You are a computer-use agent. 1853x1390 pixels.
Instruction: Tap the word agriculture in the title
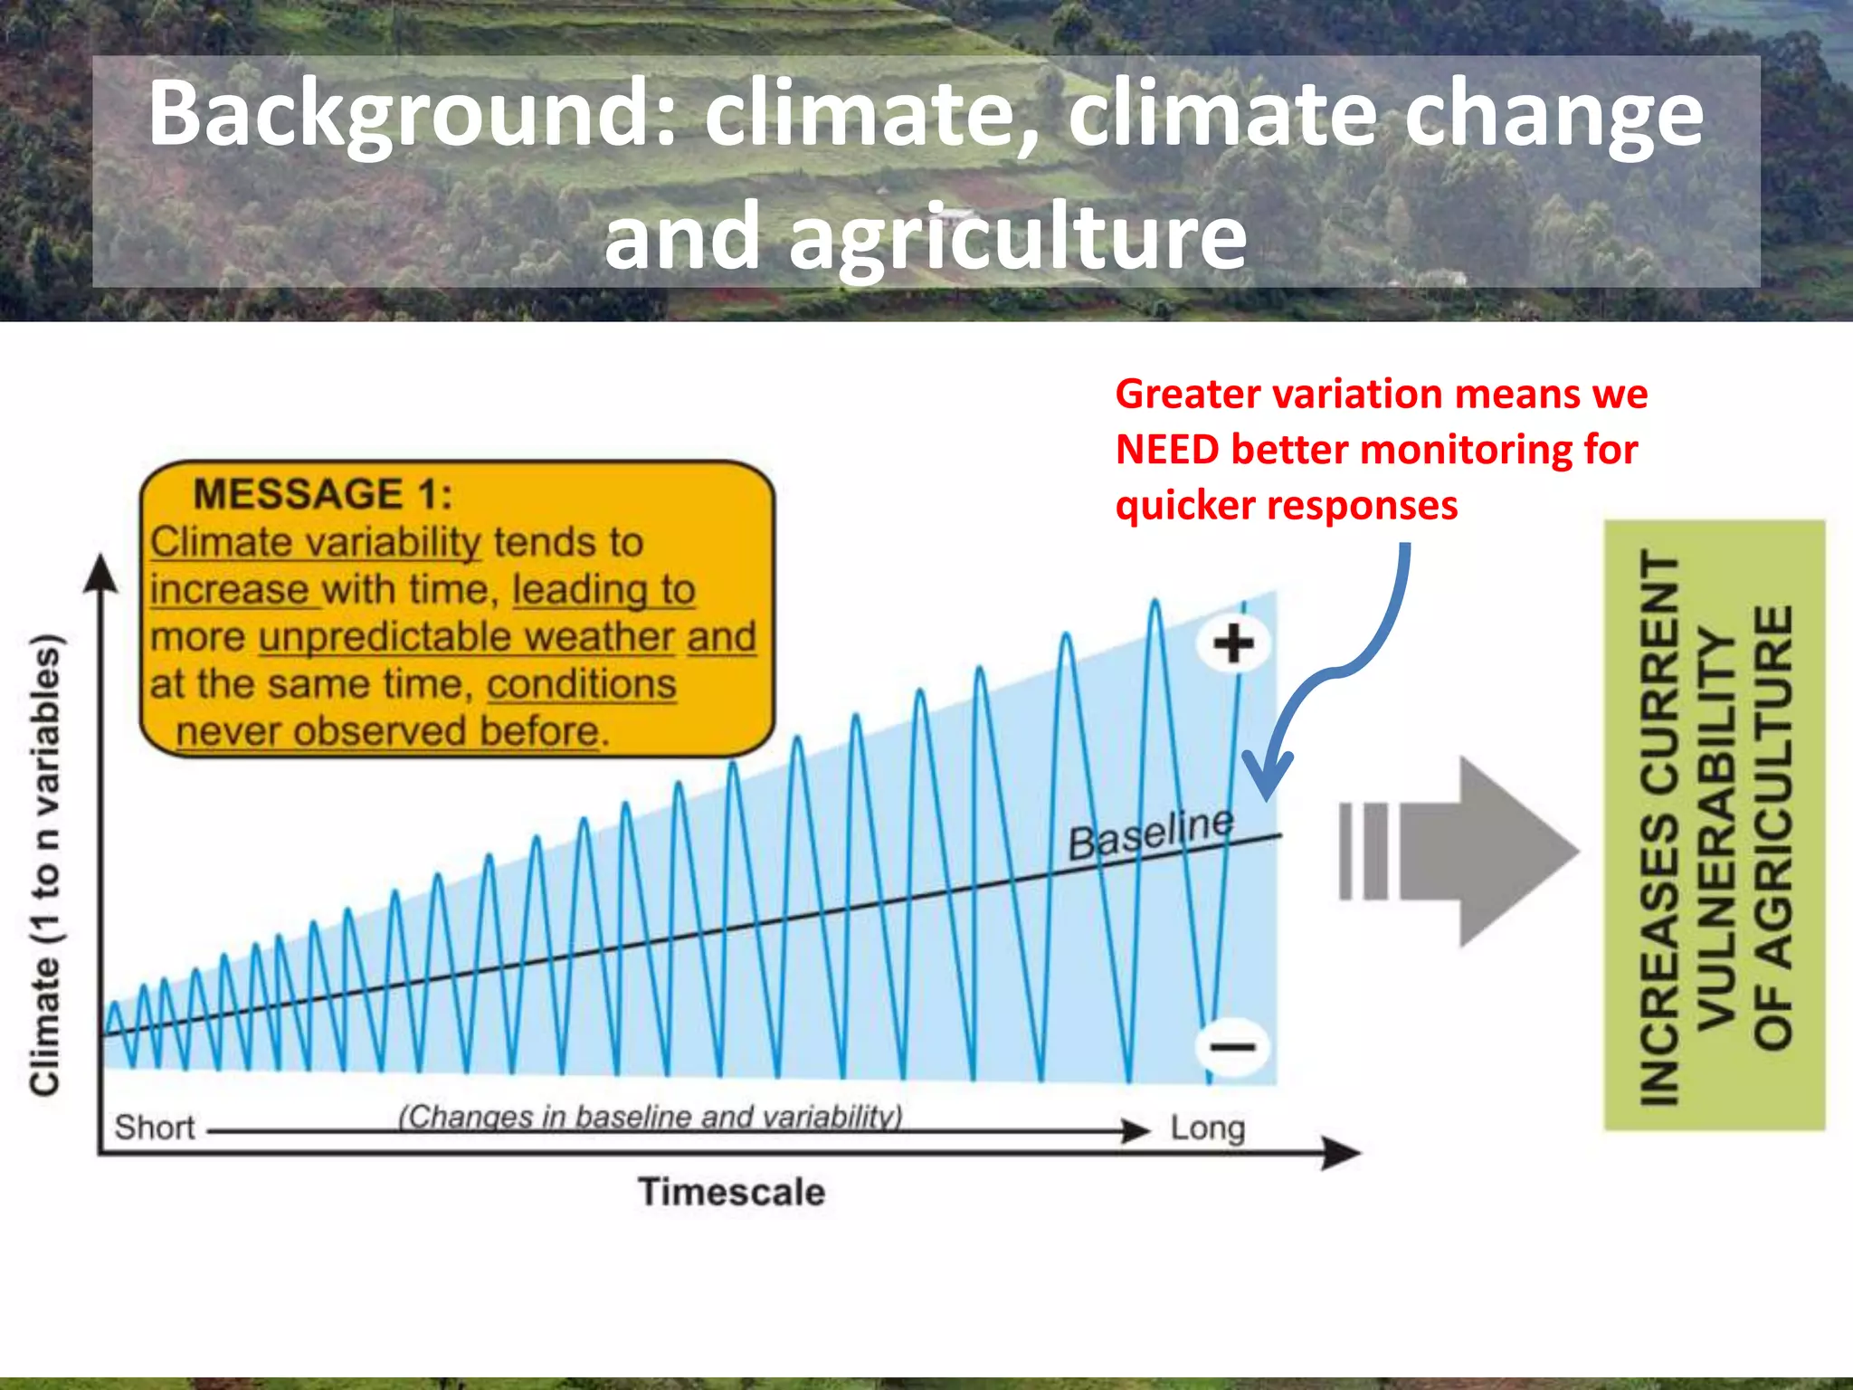click(1018, 237)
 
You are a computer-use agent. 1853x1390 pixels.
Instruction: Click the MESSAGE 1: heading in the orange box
click(322, 495)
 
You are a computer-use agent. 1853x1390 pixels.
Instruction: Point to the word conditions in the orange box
click(581, 685)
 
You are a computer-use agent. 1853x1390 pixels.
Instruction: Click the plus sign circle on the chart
click(1233, 644)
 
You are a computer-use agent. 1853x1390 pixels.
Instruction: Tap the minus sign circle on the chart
click(1231, 1047)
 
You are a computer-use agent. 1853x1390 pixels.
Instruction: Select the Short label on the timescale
click(154, 1128)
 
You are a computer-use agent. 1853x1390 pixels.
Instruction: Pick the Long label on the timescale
click(1207, 1128)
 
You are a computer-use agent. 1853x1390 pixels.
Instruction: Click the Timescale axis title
click(731, 1192)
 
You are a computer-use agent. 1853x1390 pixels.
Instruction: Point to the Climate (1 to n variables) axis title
click(45, 864)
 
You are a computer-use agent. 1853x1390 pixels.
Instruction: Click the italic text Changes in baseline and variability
click(650, 1118)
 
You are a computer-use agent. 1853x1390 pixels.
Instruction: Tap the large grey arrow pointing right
click(1484, 852)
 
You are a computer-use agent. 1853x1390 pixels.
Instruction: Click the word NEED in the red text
click(1166, 450)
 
